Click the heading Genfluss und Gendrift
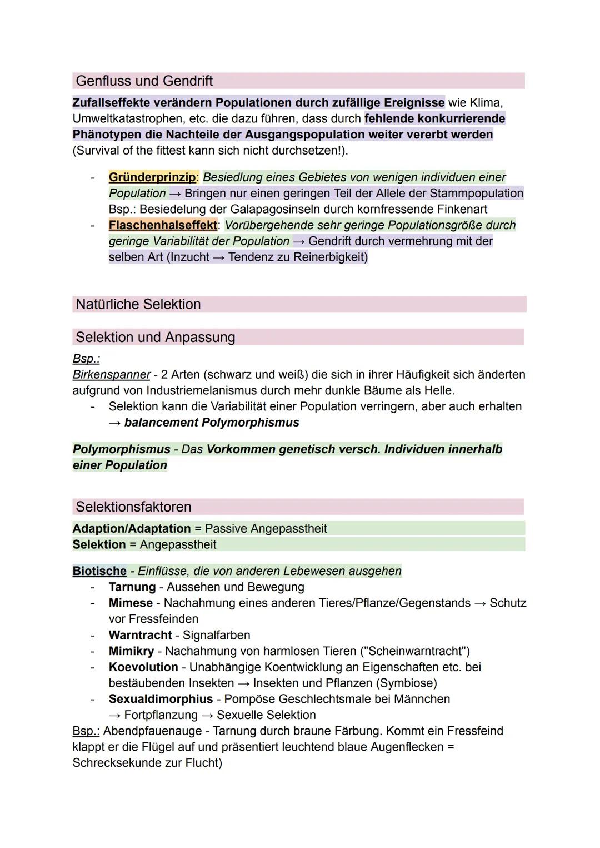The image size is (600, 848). click(144, 81)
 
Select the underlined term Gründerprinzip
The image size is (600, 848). click(152, 177)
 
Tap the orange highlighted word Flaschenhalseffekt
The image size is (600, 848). click(163, 225)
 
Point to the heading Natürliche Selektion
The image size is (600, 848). click(138, 304)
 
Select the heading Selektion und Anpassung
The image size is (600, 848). click(156, 337)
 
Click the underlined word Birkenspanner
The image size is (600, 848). click(111, 375)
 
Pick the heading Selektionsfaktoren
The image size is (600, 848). click(133, 507)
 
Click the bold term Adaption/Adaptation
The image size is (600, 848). click(132, 528)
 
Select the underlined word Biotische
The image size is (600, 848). click(99, 571)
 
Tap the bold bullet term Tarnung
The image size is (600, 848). click(132, 587)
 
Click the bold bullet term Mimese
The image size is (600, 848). click(131, 603)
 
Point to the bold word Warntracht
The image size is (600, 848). click(141, 635)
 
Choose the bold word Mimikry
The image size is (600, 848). click(131, 651)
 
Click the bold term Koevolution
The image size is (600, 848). click(143, 667)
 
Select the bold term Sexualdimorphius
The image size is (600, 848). click(161, 699)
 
